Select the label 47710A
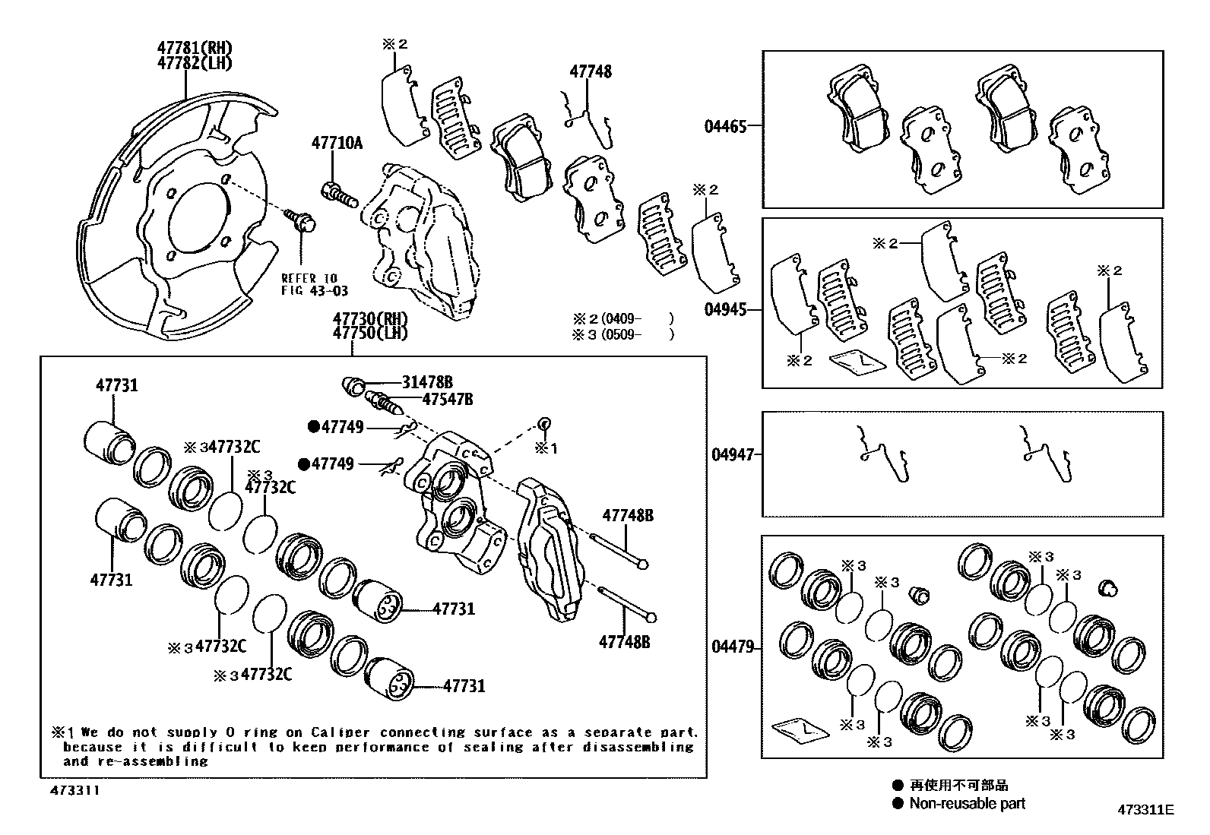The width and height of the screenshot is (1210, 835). pyautogui.click(x=336, y=143)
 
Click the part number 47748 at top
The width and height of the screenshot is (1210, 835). pyautogui.click(x=591, y=72)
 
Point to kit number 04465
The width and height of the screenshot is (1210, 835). pyautogui.click(x=725, y=126)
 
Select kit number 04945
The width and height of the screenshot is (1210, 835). pyautogui.click(x=725, y=310)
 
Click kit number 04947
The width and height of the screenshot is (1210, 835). pyautogui.click(x=733, y=454)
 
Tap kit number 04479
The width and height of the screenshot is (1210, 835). pyautogui.click(x=733, y=647)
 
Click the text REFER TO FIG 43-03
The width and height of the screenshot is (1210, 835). pyautogui.click(x=309, y=283)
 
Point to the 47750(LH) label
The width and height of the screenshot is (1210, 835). pyautogui.click(x=369, y=334)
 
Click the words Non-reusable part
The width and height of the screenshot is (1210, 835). pyautogui.click(x=967, y=803)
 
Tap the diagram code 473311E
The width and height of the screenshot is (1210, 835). pyautogui.click(x=1145, y=810)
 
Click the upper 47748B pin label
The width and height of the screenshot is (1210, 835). pyautogui.click(x=627, y=516)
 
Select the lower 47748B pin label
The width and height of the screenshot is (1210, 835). pyautogui.click(x=624, y=642)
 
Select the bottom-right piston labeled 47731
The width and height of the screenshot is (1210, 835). pyautogui.click(x=388, y=681)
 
